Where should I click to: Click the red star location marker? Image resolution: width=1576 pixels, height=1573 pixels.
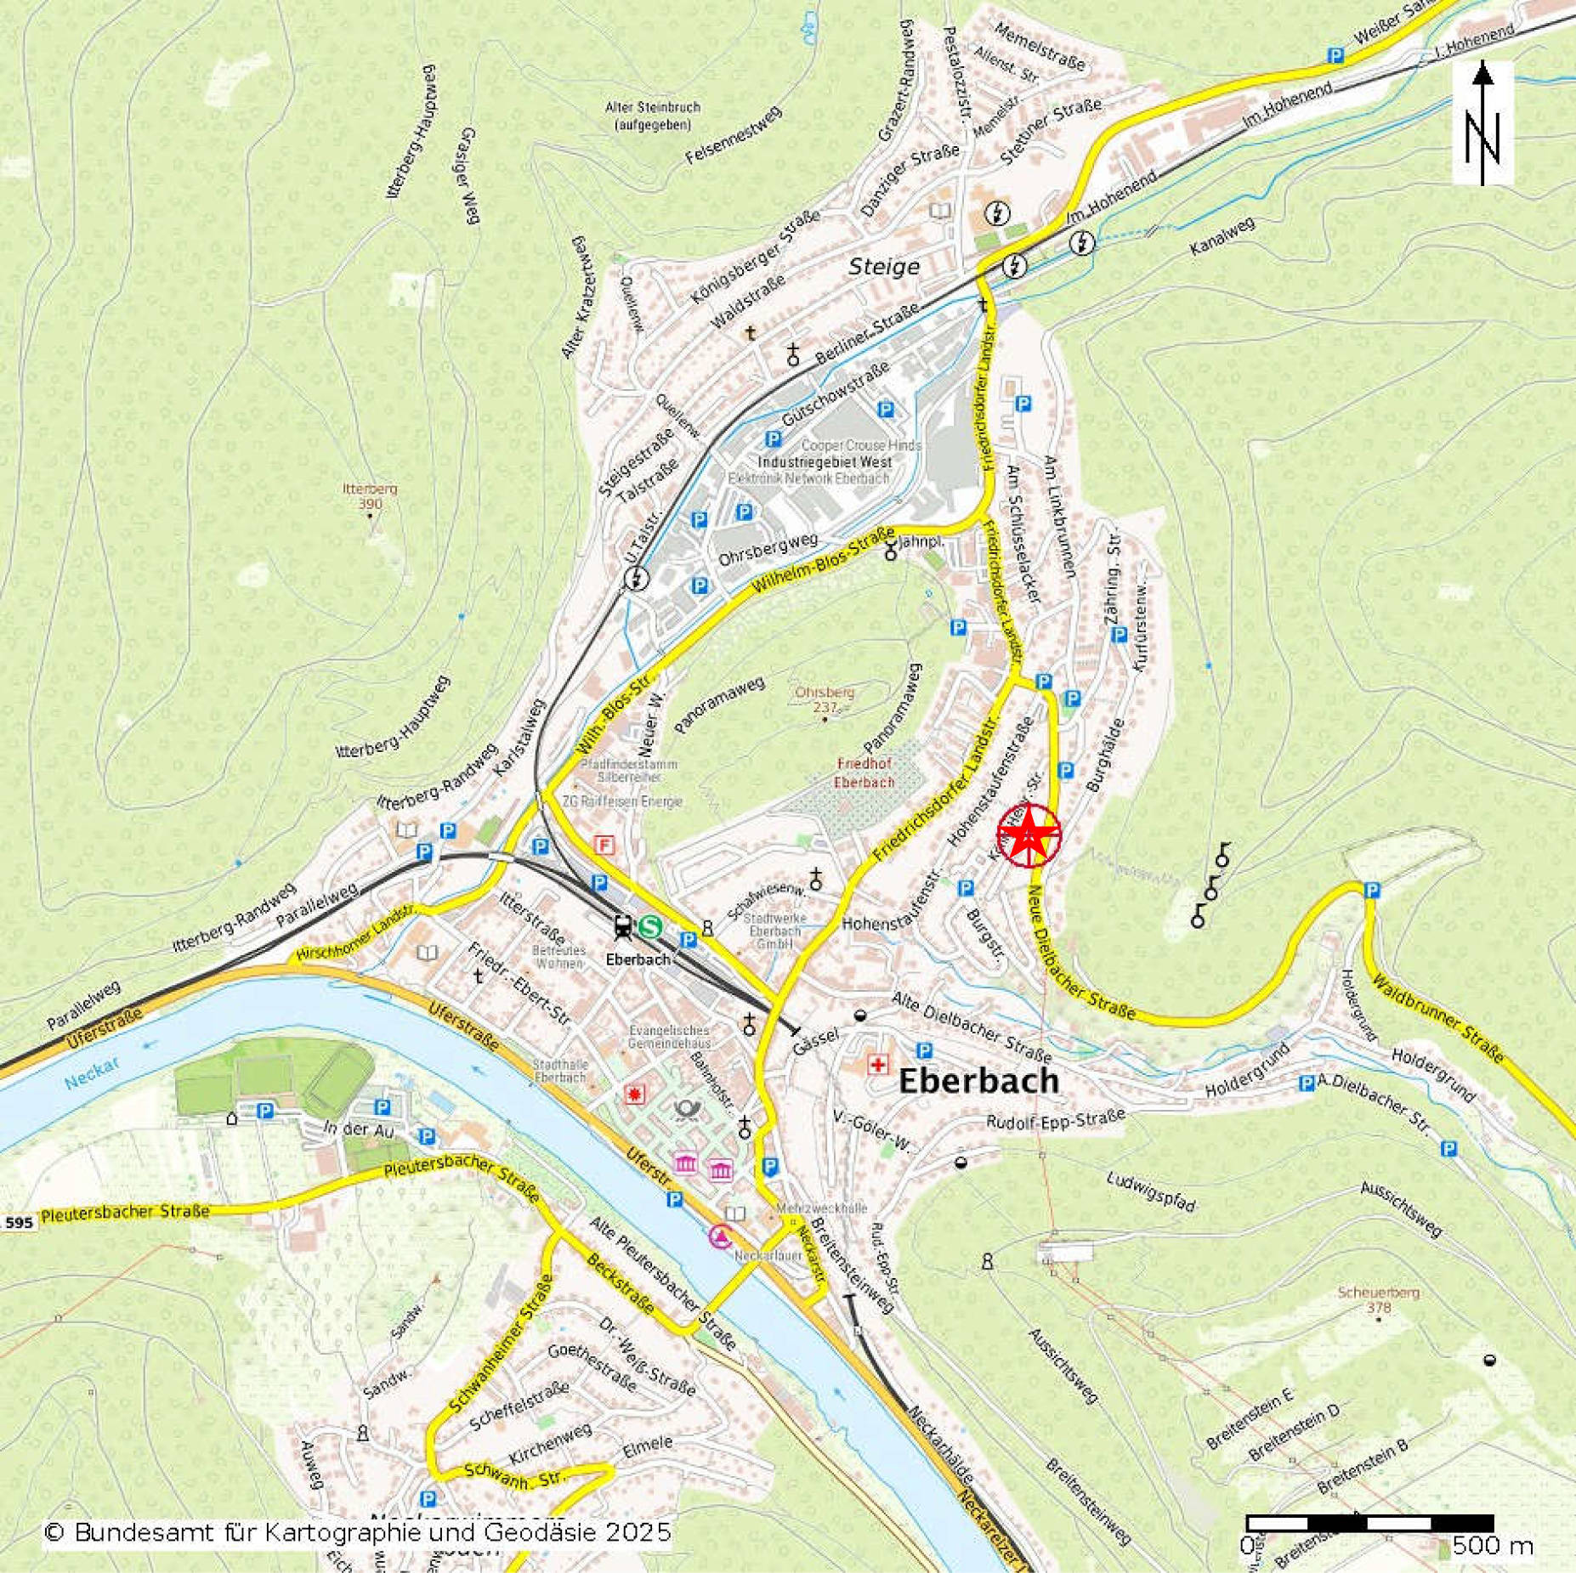[1029, 835]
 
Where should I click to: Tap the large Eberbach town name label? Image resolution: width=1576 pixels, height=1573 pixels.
[978, 1081]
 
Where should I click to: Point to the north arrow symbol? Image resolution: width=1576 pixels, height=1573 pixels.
[1482, 123]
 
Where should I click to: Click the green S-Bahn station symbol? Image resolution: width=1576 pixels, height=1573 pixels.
[651, 925]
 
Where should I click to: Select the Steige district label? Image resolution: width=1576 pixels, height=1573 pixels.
[884, 267]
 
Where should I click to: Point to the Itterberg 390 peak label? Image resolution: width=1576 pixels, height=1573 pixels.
[370, 496]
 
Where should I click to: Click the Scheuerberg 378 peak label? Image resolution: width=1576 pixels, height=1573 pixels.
[1378, 1299]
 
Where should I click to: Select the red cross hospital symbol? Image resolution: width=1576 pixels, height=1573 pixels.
[876, 1064]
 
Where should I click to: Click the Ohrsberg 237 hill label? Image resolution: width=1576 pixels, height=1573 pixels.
[825, 699]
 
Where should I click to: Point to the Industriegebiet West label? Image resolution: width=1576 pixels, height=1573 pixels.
[825, 462]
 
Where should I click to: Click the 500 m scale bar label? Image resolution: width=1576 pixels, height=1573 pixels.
[1492, 1544]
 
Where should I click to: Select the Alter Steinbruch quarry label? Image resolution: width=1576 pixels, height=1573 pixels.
[653, 116]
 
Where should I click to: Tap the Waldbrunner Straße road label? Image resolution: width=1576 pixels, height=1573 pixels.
[1437, 1018]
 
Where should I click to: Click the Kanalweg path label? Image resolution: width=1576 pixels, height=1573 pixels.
[1222, 237]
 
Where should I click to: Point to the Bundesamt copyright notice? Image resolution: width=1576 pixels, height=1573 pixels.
[357, 1532]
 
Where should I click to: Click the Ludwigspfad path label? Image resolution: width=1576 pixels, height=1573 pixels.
[1151, 1191]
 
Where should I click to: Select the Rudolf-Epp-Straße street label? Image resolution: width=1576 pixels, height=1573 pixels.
[1055, 1119]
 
